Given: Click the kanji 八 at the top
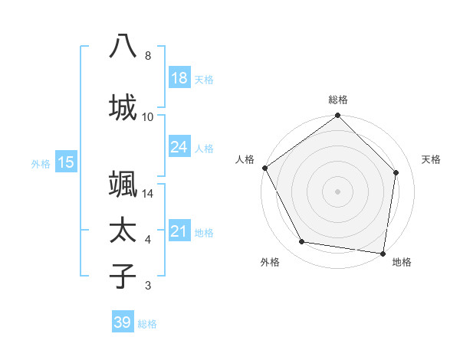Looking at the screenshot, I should (123, 46).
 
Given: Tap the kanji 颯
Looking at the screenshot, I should (123, 185).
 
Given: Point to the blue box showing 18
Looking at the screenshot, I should (179, 78).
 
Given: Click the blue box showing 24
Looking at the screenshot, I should (179, 147).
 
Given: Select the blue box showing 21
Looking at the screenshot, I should (179, 231).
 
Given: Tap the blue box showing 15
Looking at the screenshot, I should (65, 162).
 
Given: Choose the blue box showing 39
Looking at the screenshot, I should (123, 322).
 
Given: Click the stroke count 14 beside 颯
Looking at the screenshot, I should (148, 195).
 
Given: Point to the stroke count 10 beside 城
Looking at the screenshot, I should (148, 116).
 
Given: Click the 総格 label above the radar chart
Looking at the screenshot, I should (338, 100).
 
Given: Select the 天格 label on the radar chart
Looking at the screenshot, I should (432, 159).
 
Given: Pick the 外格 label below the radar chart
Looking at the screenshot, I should (270, 262).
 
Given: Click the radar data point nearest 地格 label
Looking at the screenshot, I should (383, 253).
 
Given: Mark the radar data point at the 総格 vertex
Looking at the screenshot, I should (337, 116).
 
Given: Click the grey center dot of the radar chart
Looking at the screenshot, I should (337, 191).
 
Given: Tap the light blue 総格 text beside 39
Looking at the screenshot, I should (147, 324).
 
